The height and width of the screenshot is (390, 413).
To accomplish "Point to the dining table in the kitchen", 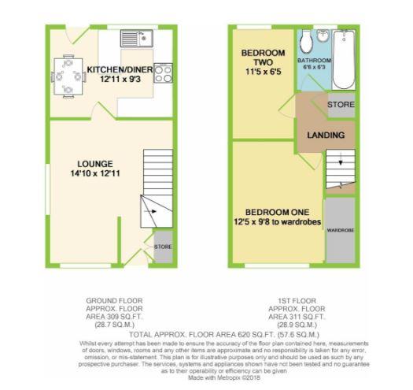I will (x=68, y=76).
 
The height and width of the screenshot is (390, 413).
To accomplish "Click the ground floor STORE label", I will (x=163, y=247).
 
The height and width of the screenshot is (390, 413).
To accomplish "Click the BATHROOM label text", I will (x=314, y=61).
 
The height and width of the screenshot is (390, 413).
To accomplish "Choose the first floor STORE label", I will (x=341, y=104).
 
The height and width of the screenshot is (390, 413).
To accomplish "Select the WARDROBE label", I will (x=340, y=230).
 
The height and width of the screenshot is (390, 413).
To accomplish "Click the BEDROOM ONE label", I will (x=277, y=213).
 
